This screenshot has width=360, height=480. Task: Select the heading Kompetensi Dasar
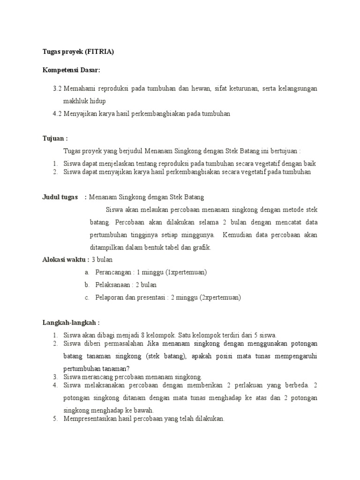(71, 70)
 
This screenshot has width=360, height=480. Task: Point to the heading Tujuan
(55, 139)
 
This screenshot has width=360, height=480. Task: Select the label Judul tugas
(60, 197)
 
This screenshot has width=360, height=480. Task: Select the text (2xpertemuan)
(221, 297)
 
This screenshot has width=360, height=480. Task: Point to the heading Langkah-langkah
(71, 322)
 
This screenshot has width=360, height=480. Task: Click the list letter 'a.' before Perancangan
(87, 272)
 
